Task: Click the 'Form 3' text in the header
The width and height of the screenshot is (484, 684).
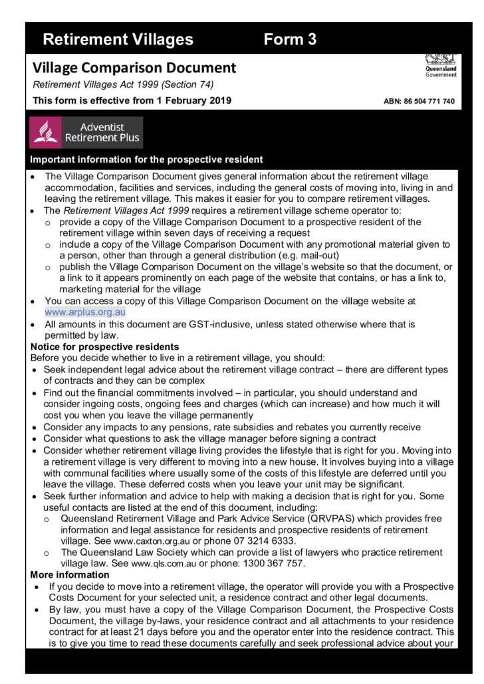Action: [x=290, y=39]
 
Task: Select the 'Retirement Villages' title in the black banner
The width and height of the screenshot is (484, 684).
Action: [x=118, y=39]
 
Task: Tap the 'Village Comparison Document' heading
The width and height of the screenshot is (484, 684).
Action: [x=134, y=68]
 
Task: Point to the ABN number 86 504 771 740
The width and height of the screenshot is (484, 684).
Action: [x=420, y=102]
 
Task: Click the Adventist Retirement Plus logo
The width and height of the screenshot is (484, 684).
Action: [x=86, y=132]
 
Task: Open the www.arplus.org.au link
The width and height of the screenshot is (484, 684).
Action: [x=85, y=311]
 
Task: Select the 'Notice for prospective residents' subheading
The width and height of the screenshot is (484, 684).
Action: [x=104, y=347]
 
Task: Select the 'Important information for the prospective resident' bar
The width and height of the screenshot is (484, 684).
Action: [x=146, y=159]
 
